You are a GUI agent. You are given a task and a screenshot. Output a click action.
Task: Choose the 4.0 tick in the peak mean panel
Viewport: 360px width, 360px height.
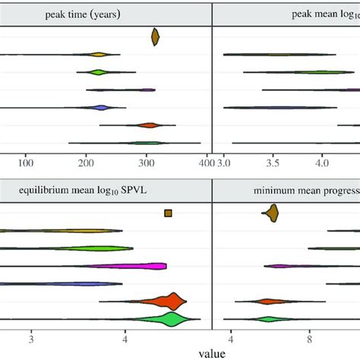[x=322, y=163]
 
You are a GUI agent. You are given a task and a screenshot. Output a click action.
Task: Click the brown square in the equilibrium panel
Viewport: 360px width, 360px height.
[x=168, y=213]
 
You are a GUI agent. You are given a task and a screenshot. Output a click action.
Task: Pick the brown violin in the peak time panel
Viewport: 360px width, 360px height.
[x=155, y=36]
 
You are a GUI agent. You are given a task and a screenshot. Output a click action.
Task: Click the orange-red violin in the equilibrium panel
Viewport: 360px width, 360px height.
[x=171, y=302]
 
